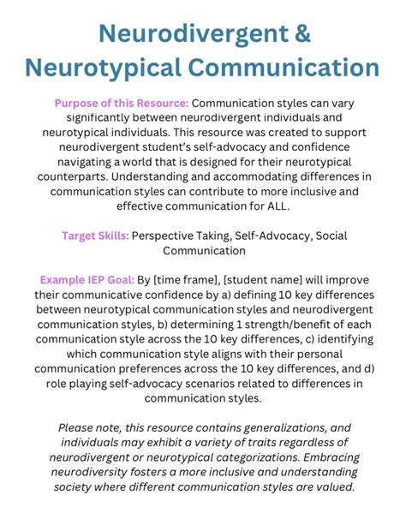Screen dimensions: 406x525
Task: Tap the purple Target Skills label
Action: [x=95, y=236]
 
